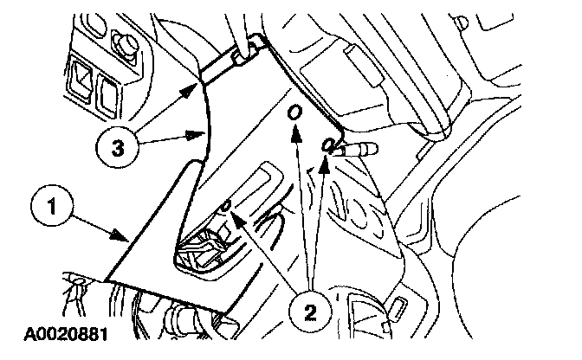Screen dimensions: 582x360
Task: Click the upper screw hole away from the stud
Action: click(296, 113)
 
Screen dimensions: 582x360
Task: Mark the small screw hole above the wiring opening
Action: click(225, 205)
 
